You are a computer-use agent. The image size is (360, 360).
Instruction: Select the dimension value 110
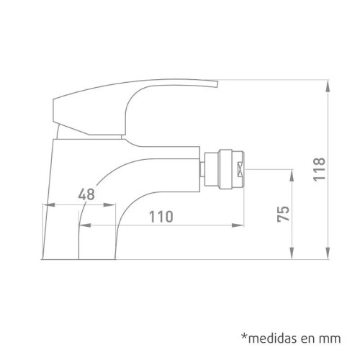coord(162,217)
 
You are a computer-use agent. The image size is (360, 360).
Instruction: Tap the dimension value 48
coord(87,194)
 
